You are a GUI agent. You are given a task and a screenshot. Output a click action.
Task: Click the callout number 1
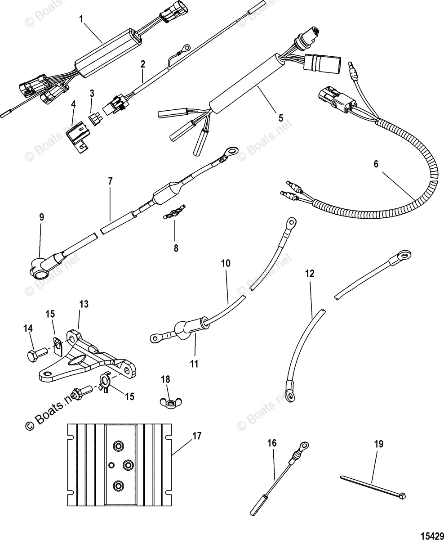(x=81, y=19)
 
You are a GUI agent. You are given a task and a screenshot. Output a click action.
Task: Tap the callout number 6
(x=376, y=164)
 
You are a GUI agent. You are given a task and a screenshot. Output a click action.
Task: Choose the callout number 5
(x=281, y=118)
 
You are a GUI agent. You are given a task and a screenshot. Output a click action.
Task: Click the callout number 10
(x=225, y=263)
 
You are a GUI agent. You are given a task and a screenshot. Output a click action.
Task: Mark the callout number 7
(x=111, y=181)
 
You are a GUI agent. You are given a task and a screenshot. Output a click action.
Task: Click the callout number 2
(x=142, y=64)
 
